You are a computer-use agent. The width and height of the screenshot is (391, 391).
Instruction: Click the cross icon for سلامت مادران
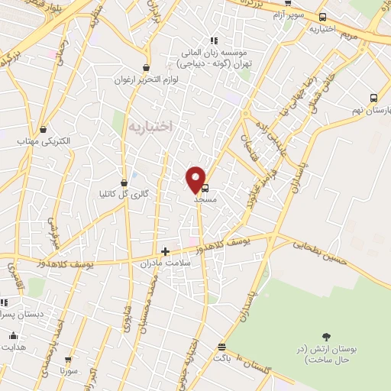165,251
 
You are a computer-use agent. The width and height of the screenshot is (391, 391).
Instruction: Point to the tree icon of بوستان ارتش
327,336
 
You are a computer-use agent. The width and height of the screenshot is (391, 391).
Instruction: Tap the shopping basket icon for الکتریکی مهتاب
43,129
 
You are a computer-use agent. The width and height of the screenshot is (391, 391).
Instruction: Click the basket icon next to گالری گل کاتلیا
124,182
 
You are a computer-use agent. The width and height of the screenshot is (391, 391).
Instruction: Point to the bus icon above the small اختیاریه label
323,17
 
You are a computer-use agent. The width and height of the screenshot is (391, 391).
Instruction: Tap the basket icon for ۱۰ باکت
221,346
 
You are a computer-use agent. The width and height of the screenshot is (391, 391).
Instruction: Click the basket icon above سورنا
68,358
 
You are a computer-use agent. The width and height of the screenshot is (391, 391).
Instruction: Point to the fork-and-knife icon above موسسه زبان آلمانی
215,40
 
